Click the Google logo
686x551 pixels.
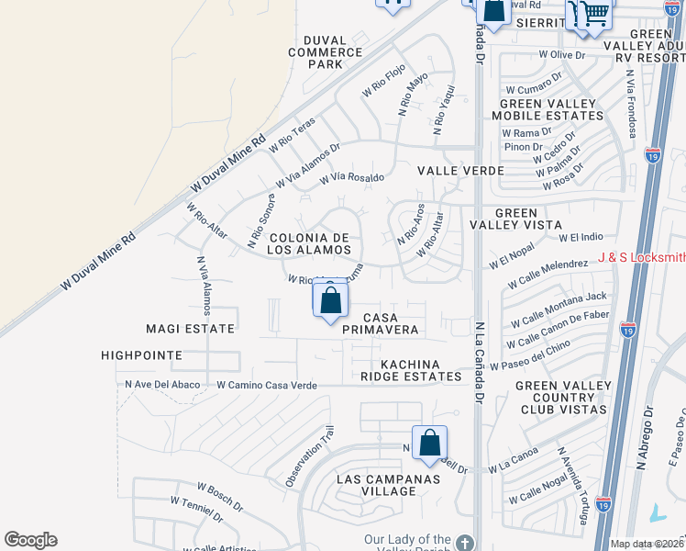click(x=30, y=540)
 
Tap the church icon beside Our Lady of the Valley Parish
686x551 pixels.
click(x=466, y=542)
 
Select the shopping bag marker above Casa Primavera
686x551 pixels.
click(x=330, y=300)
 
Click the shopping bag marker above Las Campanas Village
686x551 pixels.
click(x=429, y=444)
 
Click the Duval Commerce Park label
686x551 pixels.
click(x=326, y=52)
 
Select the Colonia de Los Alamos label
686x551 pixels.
click(x=309, y=243)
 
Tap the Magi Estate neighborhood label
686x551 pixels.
click(x=191, y=328)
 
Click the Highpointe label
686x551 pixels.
click(x=142, y=354)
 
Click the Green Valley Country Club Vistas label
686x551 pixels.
click(x=560, y=397)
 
